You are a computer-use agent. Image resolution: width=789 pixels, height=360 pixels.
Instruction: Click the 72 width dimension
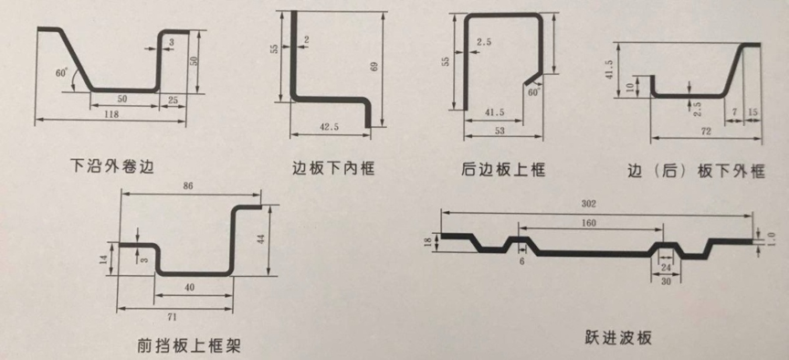tap(704, 133)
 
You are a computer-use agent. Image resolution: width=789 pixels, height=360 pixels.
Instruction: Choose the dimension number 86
tap(190, 185)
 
